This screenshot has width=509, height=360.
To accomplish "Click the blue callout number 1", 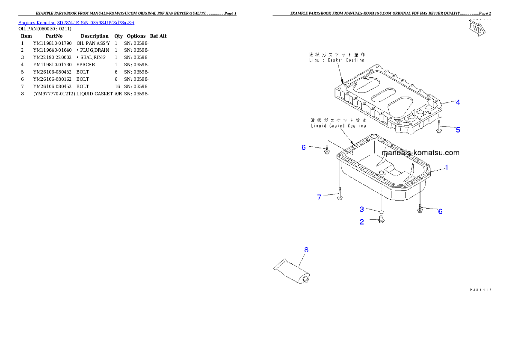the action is click(x=446, y=168).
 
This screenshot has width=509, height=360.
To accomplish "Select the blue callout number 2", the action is click(x=362, y=222).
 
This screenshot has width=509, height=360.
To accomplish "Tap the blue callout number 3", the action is click(x=362, y=209).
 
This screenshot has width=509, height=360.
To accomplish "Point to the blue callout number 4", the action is click(x=457, y=102).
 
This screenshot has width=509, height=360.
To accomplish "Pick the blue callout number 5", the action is click(x=458, y=130).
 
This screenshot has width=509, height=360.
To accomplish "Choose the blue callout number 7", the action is click(x=319, y=197).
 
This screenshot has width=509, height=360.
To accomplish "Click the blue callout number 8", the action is click(x=306, y=249).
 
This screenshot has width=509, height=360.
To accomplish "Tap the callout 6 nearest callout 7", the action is click(x=304, y=147).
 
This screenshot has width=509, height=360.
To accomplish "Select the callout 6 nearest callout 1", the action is click(x=440, y=211).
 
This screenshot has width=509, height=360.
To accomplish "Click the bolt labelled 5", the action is click(x=439, y=127).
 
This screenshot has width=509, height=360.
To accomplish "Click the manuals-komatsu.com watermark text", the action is click(x=420, y=152).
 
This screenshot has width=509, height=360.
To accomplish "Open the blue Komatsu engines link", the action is click(x=76, y=22).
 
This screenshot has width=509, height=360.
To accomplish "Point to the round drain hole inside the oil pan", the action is click(x=382, y=174).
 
